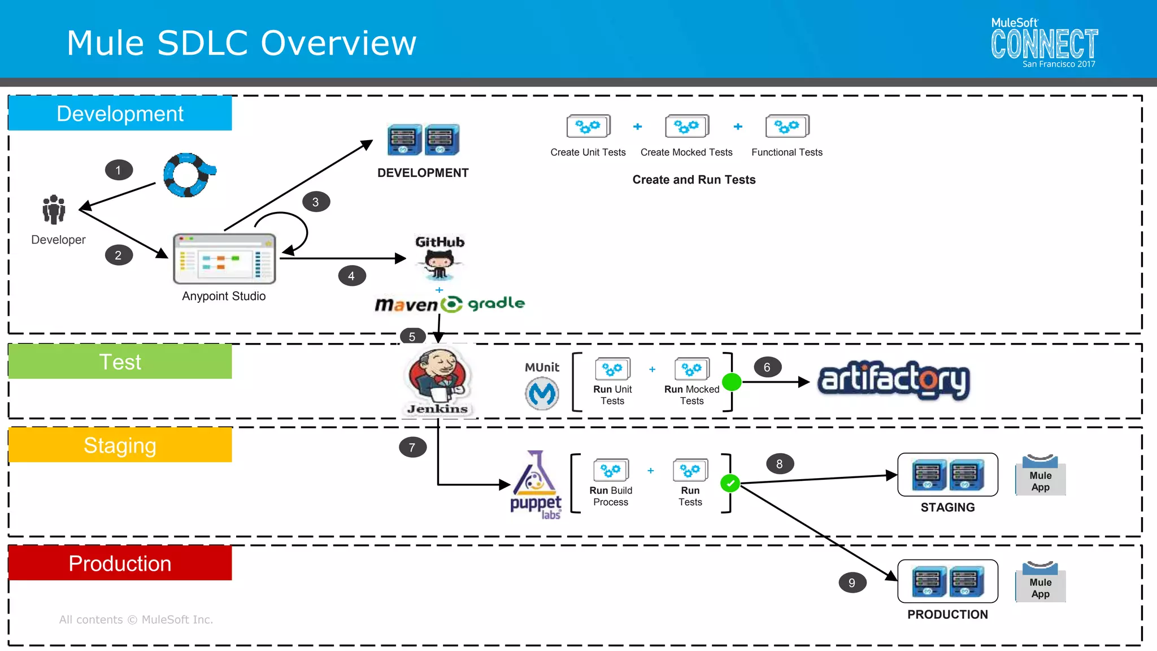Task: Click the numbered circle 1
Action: pos(119,170)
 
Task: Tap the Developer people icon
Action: pos(54,210)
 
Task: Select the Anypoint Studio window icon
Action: pos(224,259)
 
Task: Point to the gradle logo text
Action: pos(496,303)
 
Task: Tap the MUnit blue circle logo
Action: pos(542,393)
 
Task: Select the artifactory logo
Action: pos(894,380)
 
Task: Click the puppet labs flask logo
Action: pos(535,475)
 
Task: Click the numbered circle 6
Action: pos(767,367)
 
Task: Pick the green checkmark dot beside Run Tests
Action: pos(730,483)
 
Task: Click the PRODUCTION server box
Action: pos(947,581)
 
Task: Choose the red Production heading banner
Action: pos(120,563)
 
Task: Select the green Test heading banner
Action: pos(120,362)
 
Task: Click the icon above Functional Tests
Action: pos(787,127)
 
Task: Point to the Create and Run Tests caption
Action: pos(694,180)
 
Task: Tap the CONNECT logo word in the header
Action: pos(1044,44)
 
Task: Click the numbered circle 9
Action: pos(852,583)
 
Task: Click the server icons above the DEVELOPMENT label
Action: pos(423,140)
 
